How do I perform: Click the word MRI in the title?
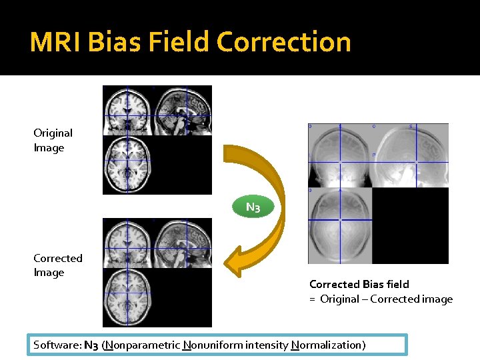pos(56,42)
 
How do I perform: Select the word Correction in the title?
pos(284,42)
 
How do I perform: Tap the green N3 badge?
pos(253,207)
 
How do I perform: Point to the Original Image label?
pos(53,141)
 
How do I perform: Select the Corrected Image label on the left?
pos(58,265)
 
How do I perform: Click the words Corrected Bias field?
pos(359,285)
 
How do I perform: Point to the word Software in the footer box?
pos(57,345)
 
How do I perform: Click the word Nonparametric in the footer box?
pos(141,345)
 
